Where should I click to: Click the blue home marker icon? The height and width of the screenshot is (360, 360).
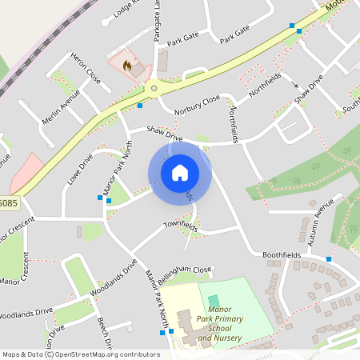(x=179, y=172)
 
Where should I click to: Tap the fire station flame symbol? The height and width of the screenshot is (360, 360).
(x=126, y=67)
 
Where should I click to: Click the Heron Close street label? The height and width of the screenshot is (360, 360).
(x=86, y=70)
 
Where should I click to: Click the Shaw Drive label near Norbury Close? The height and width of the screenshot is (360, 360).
(x=164, y=134)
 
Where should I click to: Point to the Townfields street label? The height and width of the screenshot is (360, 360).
(x=181, y=226)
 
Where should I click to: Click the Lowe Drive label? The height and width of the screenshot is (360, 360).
(x=81, y=169)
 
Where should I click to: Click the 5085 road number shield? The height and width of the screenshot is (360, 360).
(x=8, y=203)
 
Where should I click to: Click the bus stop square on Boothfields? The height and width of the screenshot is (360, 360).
(x=328, y=259)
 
